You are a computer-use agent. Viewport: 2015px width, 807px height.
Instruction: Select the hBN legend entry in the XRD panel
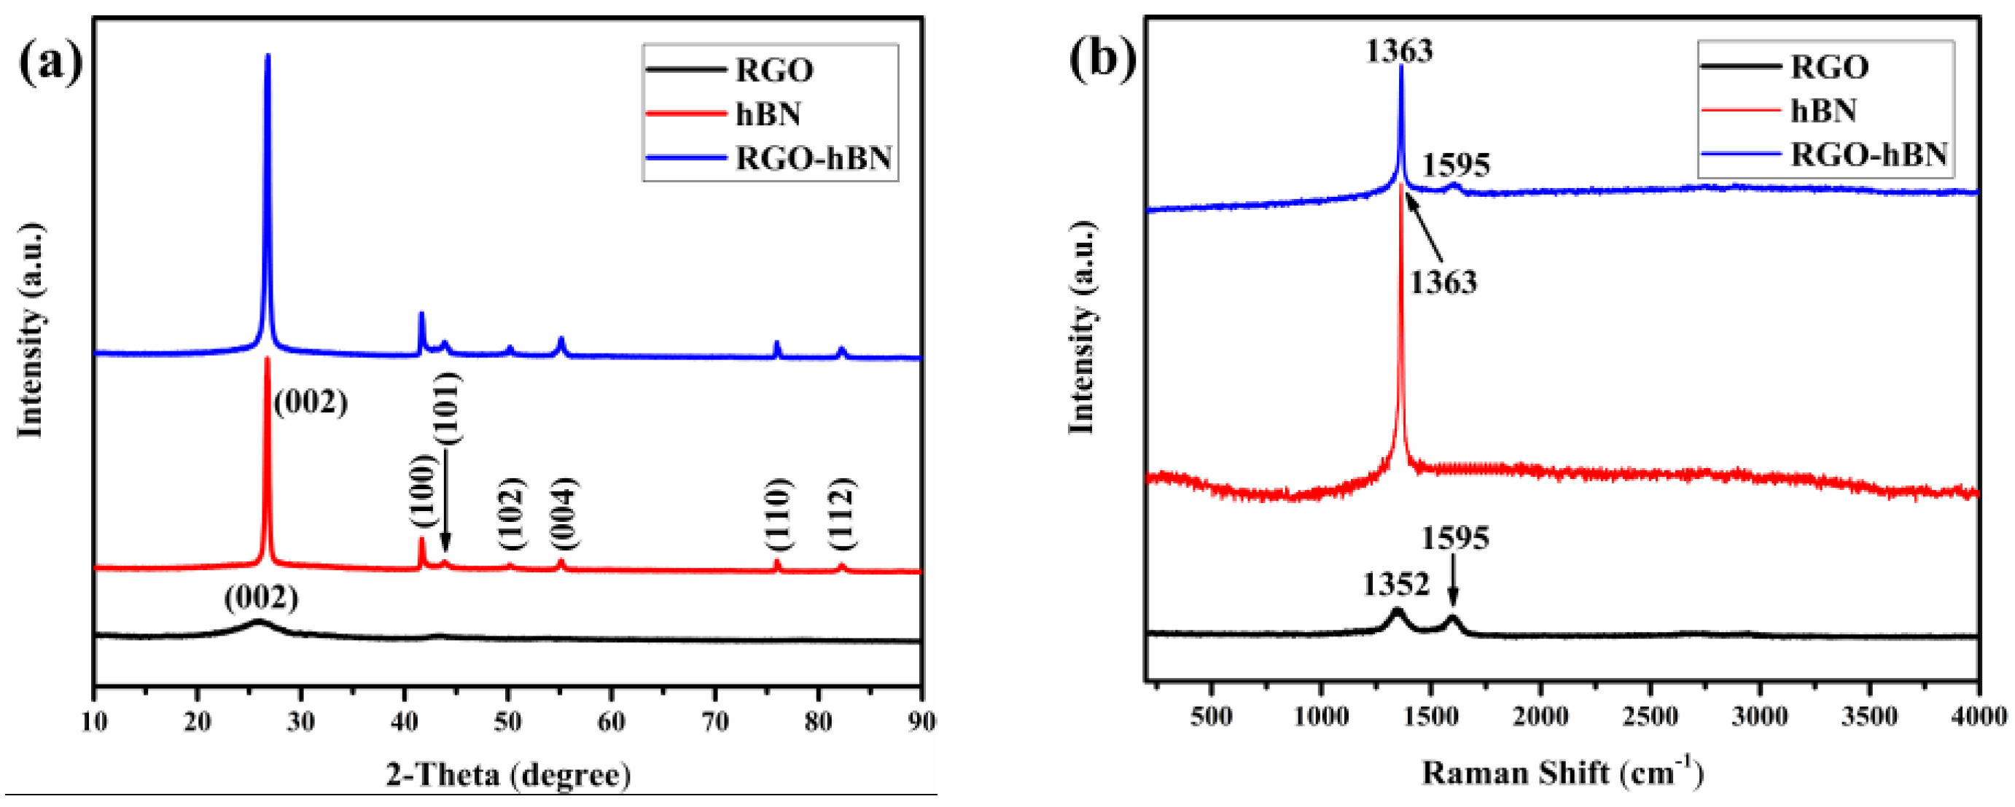(768, 114)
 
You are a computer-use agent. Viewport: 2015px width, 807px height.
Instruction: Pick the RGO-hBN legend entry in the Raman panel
(1868, 154)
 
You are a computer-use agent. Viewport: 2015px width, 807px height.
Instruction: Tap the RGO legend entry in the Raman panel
(1829, 67)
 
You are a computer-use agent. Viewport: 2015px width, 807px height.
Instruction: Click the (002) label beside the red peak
(311, 402)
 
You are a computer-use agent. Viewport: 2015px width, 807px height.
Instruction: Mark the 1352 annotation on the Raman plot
(1396, 584)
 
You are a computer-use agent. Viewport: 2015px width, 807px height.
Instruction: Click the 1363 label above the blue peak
(1400, 51)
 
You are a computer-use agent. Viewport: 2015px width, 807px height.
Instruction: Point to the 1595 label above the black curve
(1455, 538)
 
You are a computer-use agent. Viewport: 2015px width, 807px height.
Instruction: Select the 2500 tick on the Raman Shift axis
(1651, 715)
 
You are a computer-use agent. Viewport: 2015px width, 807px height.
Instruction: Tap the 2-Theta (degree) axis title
(508, 775)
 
